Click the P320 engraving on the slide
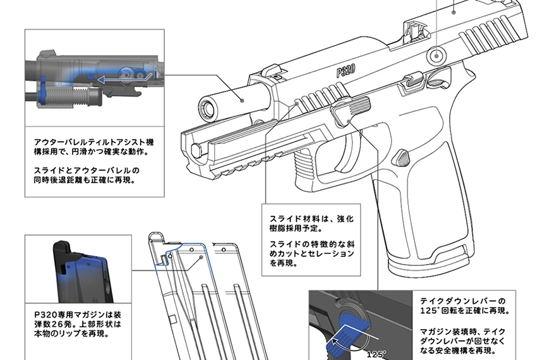[345, 68]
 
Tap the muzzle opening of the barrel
[207, 107]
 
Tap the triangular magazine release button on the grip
[402, 156]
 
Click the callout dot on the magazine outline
[201, 257]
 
